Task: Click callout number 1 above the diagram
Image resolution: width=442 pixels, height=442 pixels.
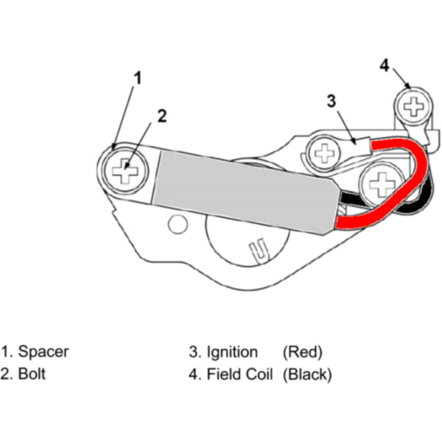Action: click(x=137, y=76)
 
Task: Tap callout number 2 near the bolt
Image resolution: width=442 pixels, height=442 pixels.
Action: click(x=162, y=115)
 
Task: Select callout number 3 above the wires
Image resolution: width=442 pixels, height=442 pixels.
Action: click(x=331, y=100)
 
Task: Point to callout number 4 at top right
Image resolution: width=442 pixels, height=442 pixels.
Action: click(x=384, y=65)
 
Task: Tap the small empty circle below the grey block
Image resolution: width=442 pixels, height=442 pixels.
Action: click(x=175, y=221)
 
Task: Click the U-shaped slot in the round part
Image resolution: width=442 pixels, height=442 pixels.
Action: click(x=257, y=250)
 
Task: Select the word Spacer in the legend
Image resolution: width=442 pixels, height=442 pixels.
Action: click(x=43, y=351)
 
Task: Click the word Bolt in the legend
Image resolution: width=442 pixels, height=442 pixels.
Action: click(x=32, y=373)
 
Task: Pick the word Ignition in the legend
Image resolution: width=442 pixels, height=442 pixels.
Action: click(x=232, y=351)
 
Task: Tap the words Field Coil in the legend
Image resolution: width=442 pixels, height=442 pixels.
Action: click(x=240, y=373)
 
